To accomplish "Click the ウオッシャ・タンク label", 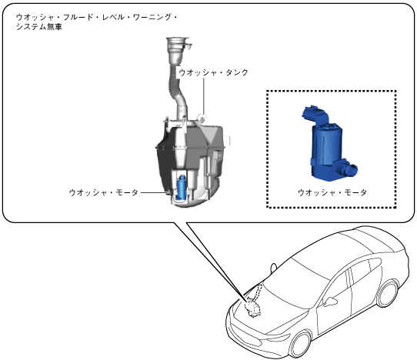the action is (214, 72).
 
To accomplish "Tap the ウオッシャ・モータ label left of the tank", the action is (103, 192).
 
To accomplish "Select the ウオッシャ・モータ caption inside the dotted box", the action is (332, 192).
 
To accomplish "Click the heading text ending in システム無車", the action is (96, 22).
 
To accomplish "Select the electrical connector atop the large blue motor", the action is (315, 113).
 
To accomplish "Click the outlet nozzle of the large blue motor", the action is (347, 168).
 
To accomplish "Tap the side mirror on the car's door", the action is (330, 301).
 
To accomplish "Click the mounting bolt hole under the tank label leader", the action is (202, 119).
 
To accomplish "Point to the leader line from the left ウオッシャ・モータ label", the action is (154, 192).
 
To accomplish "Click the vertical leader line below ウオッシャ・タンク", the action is (204, 96).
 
